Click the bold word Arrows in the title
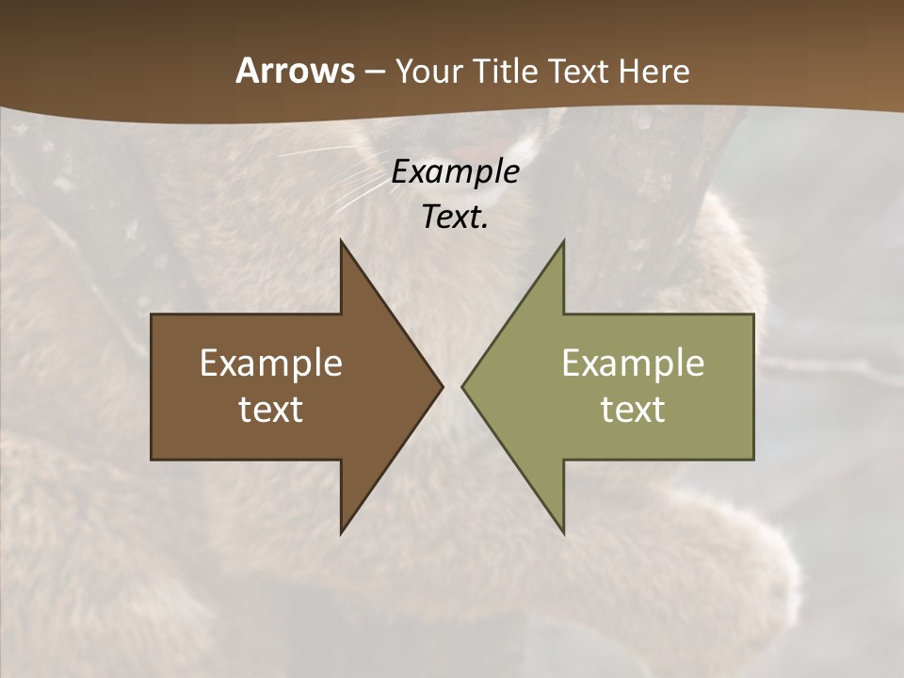[295, 71]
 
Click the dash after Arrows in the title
[375, 73]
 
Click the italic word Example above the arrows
[455, 171]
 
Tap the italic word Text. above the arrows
[455, 217]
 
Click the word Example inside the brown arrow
[271, 363]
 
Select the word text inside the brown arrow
[271, 410]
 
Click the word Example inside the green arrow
[633, 363]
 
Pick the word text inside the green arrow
[633, 410]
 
